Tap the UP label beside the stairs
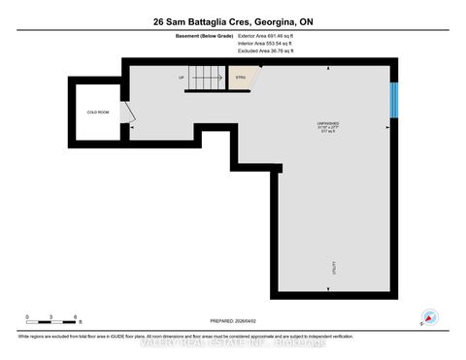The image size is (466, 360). [181, 77]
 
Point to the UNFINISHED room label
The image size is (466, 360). [341, 121]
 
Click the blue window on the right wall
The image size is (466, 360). [393, 98]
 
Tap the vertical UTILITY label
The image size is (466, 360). [334, 266]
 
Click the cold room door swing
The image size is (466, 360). [128, 115]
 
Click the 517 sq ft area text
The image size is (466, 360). [341, 132]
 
